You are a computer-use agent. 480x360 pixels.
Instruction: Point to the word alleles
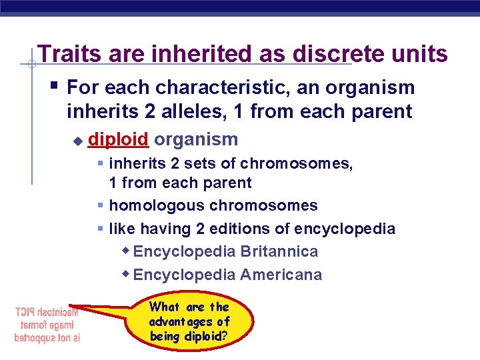179,111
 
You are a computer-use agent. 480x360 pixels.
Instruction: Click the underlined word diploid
118,139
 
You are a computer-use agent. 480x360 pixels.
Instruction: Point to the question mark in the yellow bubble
224,337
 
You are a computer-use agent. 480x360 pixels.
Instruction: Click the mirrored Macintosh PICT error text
47,324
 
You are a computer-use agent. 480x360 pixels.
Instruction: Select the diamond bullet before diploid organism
77,140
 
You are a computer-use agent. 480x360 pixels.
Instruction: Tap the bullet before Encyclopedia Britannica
126,251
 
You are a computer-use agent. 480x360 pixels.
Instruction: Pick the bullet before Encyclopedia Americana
126,274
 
